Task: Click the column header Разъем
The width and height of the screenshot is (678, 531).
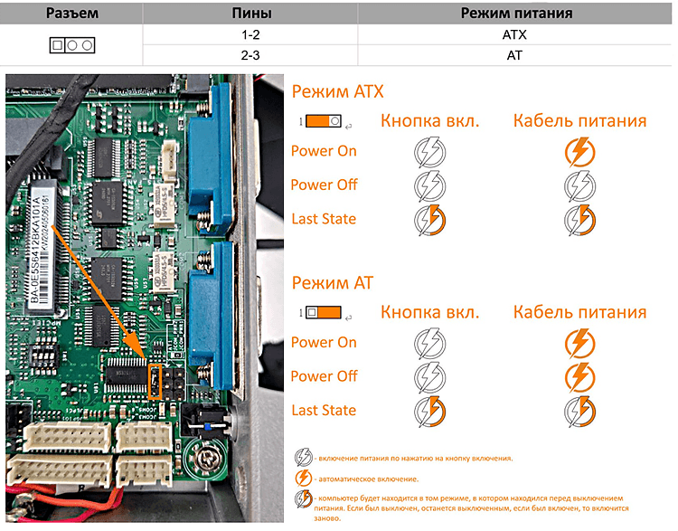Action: click(73, 14)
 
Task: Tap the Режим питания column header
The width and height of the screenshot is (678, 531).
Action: click(516, 14)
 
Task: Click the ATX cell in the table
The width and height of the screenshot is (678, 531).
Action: click(516, 35)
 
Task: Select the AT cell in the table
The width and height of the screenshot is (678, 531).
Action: click(516, 55)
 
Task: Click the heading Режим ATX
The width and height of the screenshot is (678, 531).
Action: click(337, 92)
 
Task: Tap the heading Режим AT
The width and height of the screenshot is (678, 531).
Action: click(332, 283)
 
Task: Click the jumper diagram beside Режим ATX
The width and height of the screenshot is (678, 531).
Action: click(323, 120)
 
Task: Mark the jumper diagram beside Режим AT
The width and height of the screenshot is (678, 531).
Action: click(323, 312)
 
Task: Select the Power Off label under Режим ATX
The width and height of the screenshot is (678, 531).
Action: click(324, 185)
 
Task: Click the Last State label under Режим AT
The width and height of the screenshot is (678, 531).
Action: click(323, 411)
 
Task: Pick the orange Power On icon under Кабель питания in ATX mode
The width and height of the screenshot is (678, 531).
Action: click(579, 151)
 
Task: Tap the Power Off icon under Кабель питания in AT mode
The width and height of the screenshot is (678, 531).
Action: click(579, 376)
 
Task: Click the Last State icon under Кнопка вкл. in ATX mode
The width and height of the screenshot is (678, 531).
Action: click(429, 220)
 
